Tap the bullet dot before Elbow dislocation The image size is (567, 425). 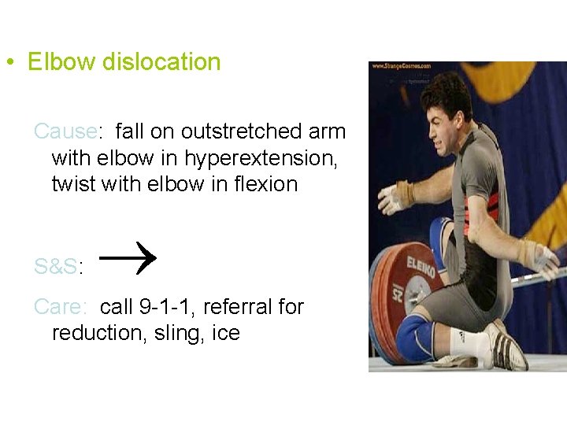click(x=8, y=63)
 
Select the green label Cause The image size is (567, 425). click(x=65, y=131)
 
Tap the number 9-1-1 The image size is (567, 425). click(x=169, y=307)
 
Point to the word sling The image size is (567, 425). click(x=183, y=333)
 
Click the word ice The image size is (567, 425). click(x=226, y=333)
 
